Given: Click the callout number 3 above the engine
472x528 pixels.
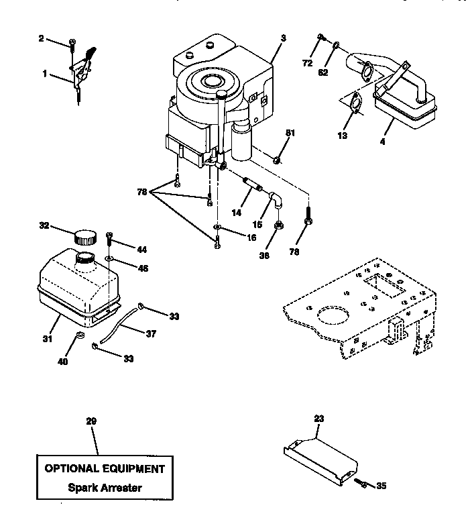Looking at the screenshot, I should pyautogui.click(x=283, y=39).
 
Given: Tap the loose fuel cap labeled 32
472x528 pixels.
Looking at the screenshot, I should pyautogui.click(x=85, y=236).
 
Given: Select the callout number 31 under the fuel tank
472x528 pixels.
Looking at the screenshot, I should pyautogui.click(x=48, y=339).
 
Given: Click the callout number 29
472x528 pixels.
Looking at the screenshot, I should pyautogui.click(x=91, y=421).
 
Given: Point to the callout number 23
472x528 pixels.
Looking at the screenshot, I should pyautogui.click(x=318, y=418).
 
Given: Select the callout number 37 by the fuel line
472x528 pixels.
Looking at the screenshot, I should pyautogui.click(x=151, y=333).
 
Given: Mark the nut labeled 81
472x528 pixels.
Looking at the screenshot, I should pyautogui.click(x=276, y=160).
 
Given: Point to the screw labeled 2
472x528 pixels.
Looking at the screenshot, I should pyautogui.click(x=71, y=44).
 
